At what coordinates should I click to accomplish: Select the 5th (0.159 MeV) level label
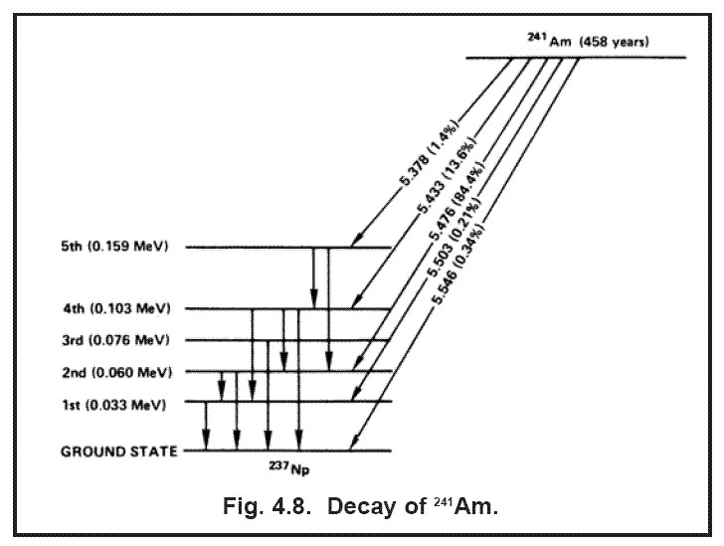click(122, 247)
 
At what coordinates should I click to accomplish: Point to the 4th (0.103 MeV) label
click(122, 308)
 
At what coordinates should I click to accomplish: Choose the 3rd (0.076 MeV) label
click(122, 340)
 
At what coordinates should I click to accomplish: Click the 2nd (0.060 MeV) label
click(122, 371)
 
